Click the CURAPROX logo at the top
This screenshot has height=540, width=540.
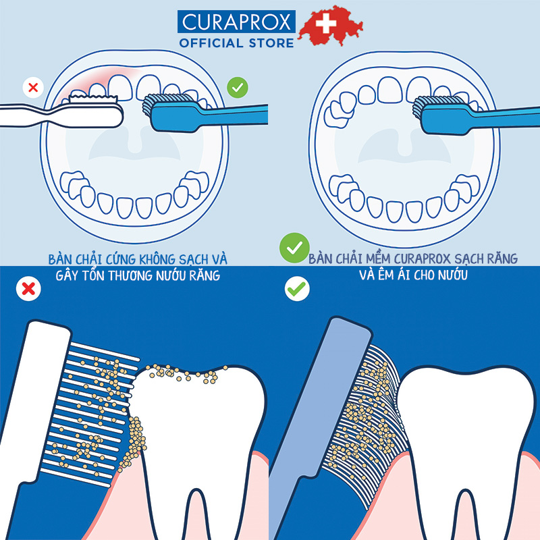pyautogui.click(x=237, y=21)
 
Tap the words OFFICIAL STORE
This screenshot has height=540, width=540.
pyautogui.click(x=237, y=43)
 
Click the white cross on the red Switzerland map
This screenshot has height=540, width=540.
pyautogui.click(x=326, y=25)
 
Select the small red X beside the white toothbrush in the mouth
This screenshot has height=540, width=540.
pyautogui.click(x=32, y=87)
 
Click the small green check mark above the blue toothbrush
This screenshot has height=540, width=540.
pyautogui.click(x=238, y=87)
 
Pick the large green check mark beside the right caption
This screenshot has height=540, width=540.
pyautogui.click(x=295, y=248)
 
